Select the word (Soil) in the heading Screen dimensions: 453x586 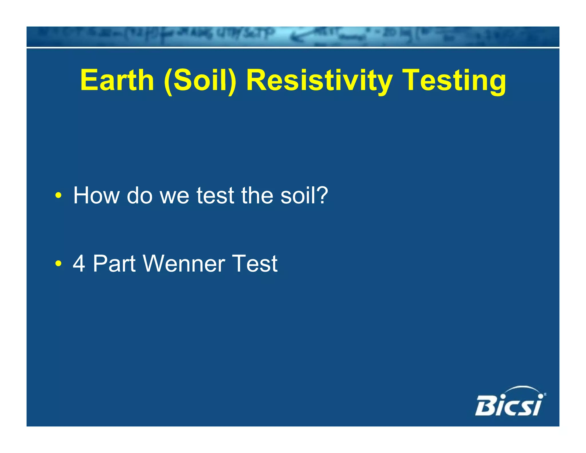coord(200,81)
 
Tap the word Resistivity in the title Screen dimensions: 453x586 coord(319,81)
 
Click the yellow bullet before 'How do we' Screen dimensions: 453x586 coord(58,196)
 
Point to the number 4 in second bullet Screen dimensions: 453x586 coord(79,263)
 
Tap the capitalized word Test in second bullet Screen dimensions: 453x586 coord(255,263)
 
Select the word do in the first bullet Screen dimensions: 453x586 coord(139,196)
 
